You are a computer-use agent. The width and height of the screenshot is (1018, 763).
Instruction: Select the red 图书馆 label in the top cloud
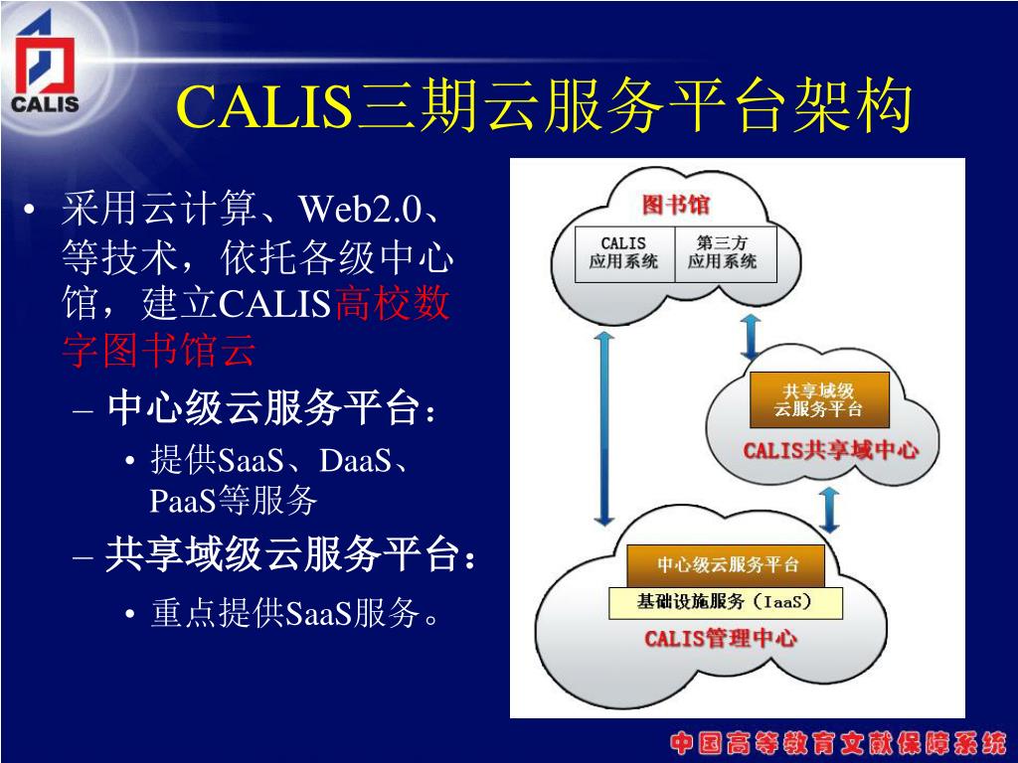(x=676, y=206)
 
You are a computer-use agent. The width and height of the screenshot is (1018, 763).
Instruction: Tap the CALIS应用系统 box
(x=624, y=253)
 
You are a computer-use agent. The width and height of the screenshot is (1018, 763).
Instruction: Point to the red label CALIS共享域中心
(x=831, y=450)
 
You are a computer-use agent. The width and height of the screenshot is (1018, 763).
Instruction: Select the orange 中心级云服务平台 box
(x=727, y=565)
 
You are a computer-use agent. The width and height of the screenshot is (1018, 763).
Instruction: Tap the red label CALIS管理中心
(x=721, y=638)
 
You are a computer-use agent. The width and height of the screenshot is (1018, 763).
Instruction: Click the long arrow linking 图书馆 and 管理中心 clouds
(x=603, y=427)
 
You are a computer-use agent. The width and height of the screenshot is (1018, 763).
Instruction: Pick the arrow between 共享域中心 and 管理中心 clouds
(x=830, y=508)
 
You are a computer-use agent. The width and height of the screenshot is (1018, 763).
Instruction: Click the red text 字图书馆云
(x=160, y=351)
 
